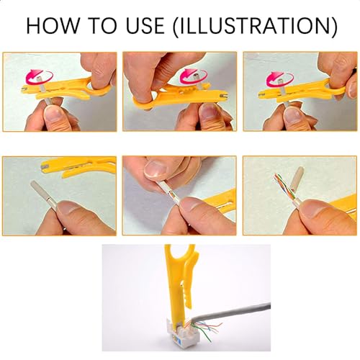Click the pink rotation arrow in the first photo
click(38, 76)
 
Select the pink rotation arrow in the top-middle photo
click(194, 76)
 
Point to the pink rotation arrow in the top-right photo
click(280, 79)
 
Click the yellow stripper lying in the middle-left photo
click(78, 166)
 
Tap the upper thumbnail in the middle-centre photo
click(156, 168)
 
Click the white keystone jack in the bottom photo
click(180, 332)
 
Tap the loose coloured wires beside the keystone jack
click(207, 329)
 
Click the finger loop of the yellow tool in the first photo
click(99, 86)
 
